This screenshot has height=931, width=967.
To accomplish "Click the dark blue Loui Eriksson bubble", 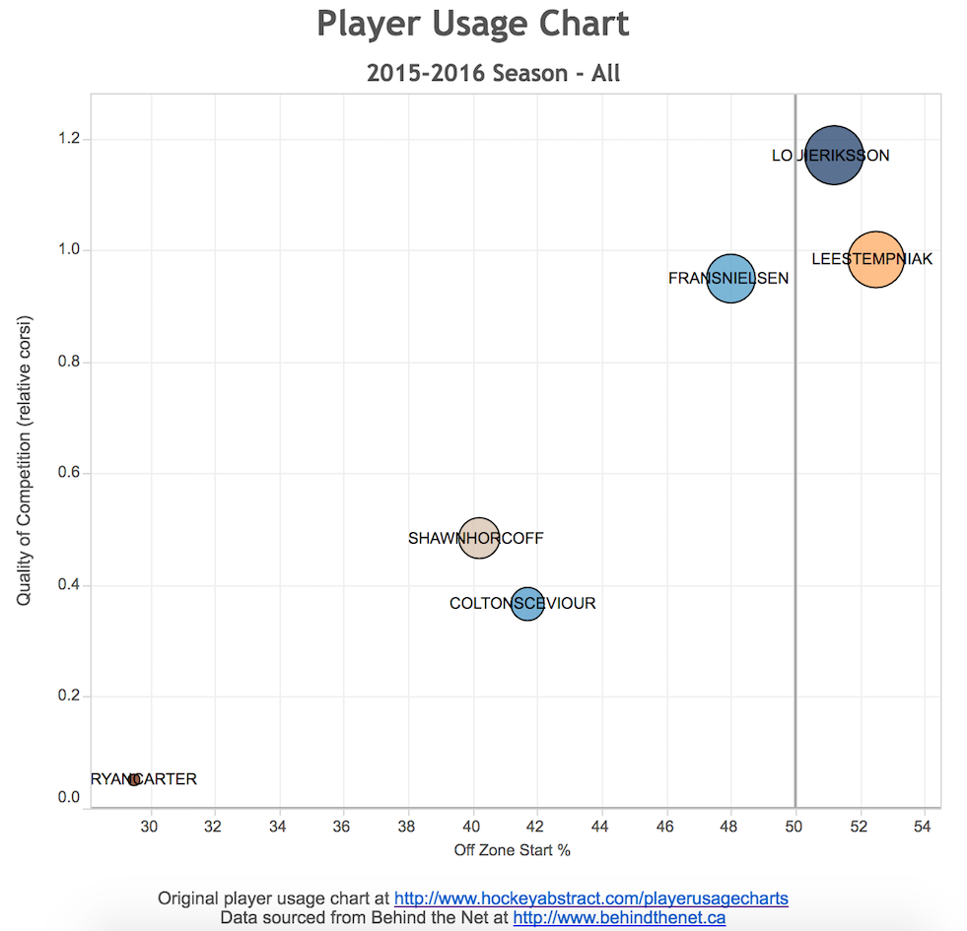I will coord(834,156).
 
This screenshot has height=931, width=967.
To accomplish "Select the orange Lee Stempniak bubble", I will coord(874,259).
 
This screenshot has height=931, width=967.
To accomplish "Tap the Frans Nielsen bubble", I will coord(729,279).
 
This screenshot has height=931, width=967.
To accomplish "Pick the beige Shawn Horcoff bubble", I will coord(479,539).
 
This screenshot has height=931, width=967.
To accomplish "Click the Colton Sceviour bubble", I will coord(528,603).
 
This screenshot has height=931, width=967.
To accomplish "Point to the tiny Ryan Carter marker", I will coord(134,779).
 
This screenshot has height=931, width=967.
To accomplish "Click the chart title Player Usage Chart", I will coord(473,24).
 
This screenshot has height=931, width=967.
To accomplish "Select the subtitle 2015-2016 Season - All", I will coord(493,73).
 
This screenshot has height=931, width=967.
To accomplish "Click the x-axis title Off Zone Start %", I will coord(513,849).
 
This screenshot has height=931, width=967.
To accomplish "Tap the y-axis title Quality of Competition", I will coord(25,460).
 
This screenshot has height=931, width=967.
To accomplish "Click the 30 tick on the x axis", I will coord(150,826).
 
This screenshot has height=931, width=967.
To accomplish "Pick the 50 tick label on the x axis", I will coord(795,826).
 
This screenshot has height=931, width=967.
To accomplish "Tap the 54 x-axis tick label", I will coord(924,826).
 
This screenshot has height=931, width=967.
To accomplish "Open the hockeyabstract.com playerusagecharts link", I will coord(590,898).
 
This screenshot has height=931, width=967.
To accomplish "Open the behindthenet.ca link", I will coord(619,918).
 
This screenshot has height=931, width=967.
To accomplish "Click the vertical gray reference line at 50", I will coord(795,443).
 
